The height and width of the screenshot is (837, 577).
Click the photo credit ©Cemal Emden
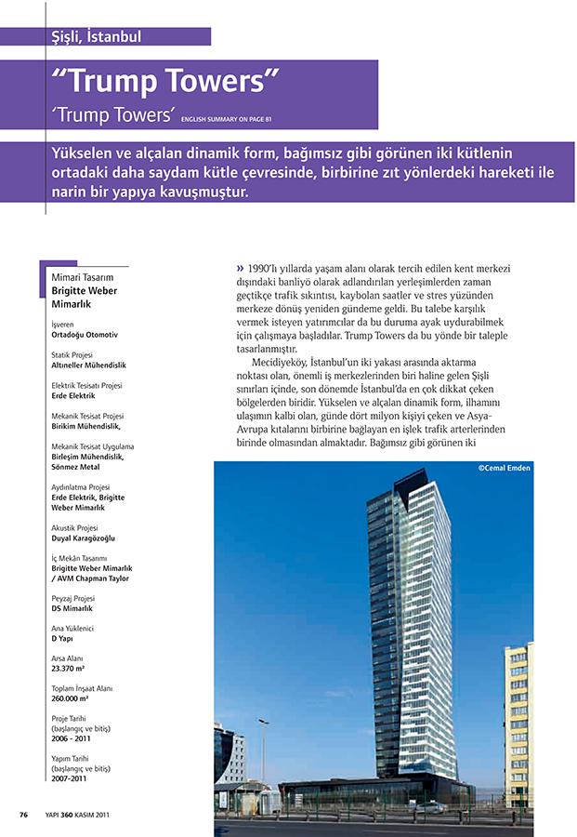504,468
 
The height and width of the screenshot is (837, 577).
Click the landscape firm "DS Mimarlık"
72,608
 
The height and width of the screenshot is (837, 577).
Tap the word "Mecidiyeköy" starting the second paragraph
283,362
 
